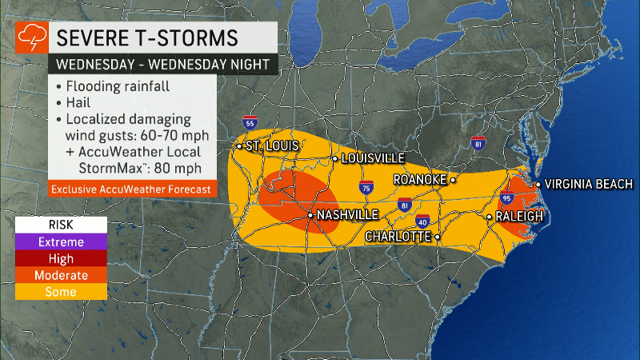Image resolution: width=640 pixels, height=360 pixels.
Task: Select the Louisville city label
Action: [373, 158]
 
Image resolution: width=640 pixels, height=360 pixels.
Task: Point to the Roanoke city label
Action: [419, 180]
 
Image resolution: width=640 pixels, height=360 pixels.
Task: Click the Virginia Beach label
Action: [589, 184]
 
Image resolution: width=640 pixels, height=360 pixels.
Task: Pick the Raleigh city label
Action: [520, 216]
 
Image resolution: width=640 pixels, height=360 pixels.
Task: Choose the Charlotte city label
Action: [398, 237]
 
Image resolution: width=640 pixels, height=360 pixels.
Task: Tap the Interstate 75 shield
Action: [364, 189]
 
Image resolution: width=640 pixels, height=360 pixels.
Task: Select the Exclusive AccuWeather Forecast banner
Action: [132, 190]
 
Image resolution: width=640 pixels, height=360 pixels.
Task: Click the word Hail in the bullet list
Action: [78, 103]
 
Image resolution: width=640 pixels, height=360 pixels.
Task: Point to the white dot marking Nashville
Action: [311, 215]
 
